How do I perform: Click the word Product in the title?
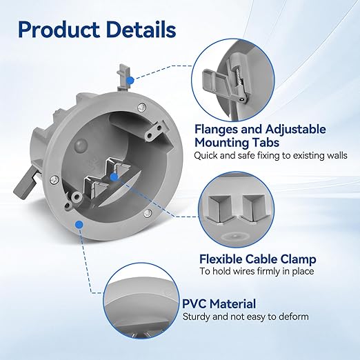tap(59, 30)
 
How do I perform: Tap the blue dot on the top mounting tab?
tap(130, 81)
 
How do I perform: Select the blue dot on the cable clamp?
tap(114, 177)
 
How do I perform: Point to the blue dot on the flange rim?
tap(79, 225)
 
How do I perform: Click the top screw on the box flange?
tap(142, 108)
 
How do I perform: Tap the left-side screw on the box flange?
tap(54, 179)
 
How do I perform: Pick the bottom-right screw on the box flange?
tap(148, 213)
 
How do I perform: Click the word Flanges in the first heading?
tap(216, 130)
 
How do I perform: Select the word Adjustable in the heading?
tap(296, 130)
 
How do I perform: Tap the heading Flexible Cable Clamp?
tap(258, 259)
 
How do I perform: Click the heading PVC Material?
tap(219, 303)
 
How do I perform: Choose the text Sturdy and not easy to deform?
tap(246, 317)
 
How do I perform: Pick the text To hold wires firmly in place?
tap(257, 271)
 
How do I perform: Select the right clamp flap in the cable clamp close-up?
tap(253, 209)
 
